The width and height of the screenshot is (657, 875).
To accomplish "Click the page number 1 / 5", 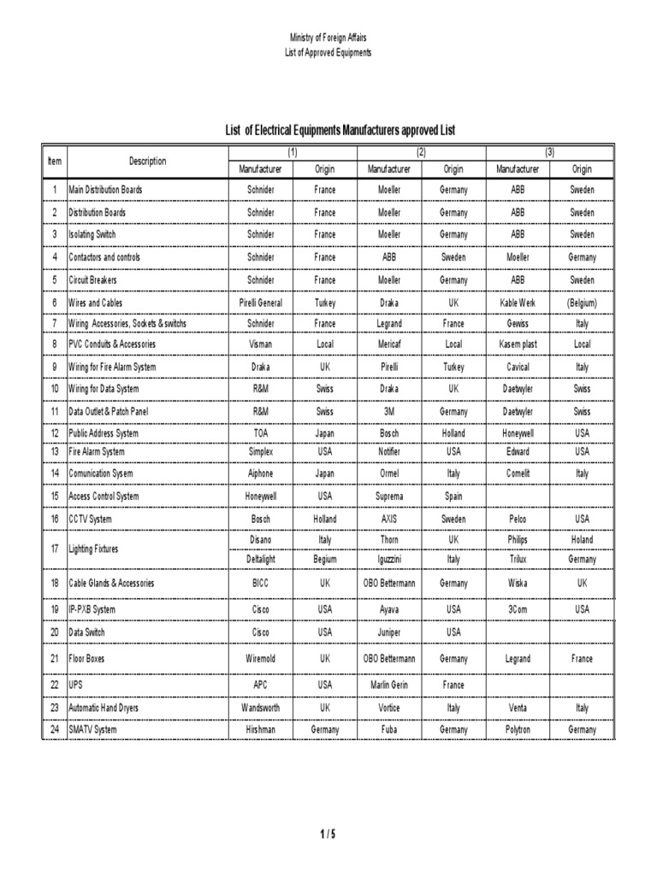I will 328,835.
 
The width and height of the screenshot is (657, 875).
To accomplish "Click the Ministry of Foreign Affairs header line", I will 328,38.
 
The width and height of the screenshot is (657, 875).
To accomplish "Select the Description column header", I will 147,161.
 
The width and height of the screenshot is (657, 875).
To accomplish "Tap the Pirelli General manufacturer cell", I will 261,302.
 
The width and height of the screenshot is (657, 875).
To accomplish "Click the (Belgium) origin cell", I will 582,302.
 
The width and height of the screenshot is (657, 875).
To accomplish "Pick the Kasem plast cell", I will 518,344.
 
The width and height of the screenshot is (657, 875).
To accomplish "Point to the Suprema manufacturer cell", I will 389,496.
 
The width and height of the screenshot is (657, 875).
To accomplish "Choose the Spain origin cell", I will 453,496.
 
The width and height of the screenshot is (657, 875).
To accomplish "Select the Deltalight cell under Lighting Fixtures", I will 261,559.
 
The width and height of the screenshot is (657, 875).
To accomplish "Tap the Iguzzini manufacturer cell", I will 389,559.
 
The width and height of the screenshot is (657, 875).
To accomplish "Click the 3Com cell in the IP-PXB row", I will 518,609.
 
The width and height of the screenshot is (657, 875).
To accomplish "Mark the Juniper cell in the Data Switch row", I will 389,632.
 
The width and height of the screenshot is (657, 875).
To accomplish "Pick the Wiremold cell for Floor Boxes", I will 261,659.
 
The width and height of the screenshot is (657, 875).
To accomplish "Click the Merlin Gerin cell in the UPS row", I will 389,684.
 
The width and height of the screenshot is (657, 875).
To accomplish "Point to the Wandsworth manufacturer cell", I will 261,708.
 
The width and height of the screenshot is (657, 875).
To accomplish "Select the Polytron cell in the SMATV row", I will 518,730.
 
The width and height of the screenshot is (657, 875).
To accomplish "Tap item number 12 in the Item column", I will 55,433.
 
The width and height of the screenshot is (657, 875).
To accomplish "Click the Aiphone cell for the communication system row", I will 261,473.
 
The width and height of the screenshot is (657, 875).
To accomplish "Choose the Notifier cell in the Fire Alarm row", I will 389,451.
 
